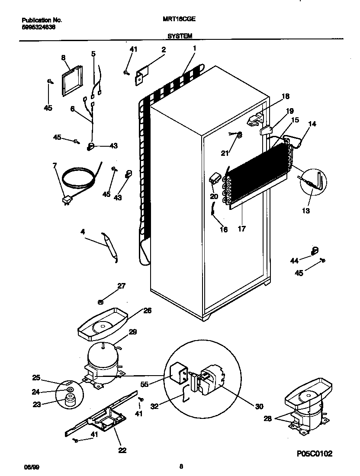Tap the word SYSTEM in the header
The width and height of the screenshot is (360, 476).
point(180,37)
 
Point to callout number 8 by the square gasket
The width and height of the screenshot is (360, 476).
point(63,57)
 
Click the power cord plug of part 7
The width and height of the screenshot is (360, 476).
point(67,201)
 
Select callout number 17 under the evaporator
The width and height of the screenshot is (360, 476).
point(241,229)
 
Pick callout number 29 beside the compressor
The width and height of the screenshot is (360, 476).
point(133,332)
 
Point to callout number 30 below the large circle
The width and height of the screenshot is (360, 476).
point(259,406)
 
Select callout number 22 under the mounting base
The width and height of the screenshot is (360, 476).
point(122,450)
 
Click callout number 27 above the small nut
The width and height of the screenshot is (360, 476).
point(121,285)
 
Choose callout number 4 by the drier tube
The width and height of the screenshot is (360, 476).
point(83,232)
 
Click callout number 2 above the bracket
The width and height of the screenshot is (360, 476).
point(164,50)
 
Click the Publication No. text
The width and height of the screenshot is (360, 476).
point(42,20)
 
